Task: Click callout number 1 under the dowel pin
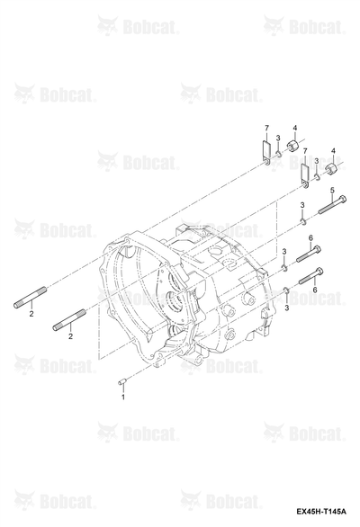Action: pos(122,397)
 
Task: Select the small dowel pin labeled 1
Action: pos(122,381)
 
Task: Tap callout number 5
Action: pos(332,191)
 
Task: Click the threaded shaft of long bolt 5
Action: pos(329,207)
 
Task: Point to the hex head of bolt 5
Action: pos(343,199)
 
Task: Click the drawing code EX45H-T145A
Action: pos(321,512)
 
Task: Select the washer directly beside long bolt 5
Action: pos(303,221)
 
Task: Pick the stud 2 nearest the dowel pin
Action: pos(69,320)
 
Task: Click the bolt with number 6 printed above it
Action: pos(309,255)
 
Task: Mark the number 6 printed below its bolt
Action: pos(315,290)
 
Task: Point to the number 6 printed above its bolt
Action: pos(310,238)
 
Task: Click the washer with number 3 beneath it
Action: pos(286,290)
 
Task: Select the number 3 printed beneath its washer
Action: pos(287,307)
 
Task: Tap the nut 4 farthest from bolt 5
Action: pos(293,147)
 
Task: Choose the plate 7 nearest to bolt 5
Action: pos(304,176)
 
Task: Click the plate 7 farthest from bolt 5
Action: pos(266,153)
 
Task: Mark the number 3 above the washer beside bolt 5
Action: pos(302,205)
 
